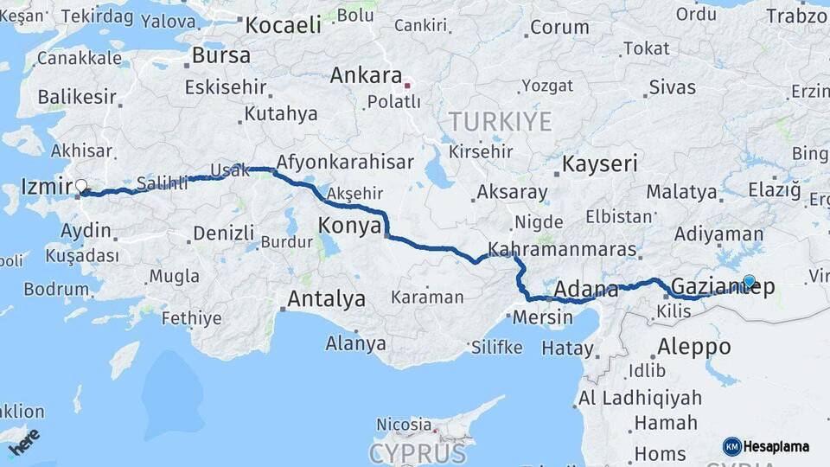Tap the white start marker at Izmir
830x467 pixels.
(81, 185)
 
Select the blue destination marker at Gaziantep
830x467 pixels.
(749, 281)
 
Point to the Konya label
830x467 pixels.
(350, 226)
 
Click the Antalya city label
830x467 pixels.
(326, 300)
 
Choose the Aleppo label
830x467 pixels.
(693, 347)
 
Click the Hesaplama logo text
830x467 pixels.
(776, 446)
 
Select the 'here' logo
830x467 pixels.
(24, 441)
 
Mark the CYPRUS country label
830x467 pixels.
(418, 452)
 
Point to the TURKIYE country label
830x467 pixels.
(500, 121)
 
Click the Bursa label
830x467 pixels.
(221, 56)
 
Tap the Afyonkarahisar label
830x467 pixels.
(345, 163)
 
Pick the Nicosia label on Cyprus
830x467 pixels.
(404, 425)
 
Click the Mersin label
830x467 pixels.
(543, 317)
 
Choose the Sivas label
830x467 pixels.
(672, 86)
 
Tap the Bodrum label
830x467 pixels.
(56, 289)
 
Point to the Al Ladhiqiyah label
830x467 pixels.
(638, 398)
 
